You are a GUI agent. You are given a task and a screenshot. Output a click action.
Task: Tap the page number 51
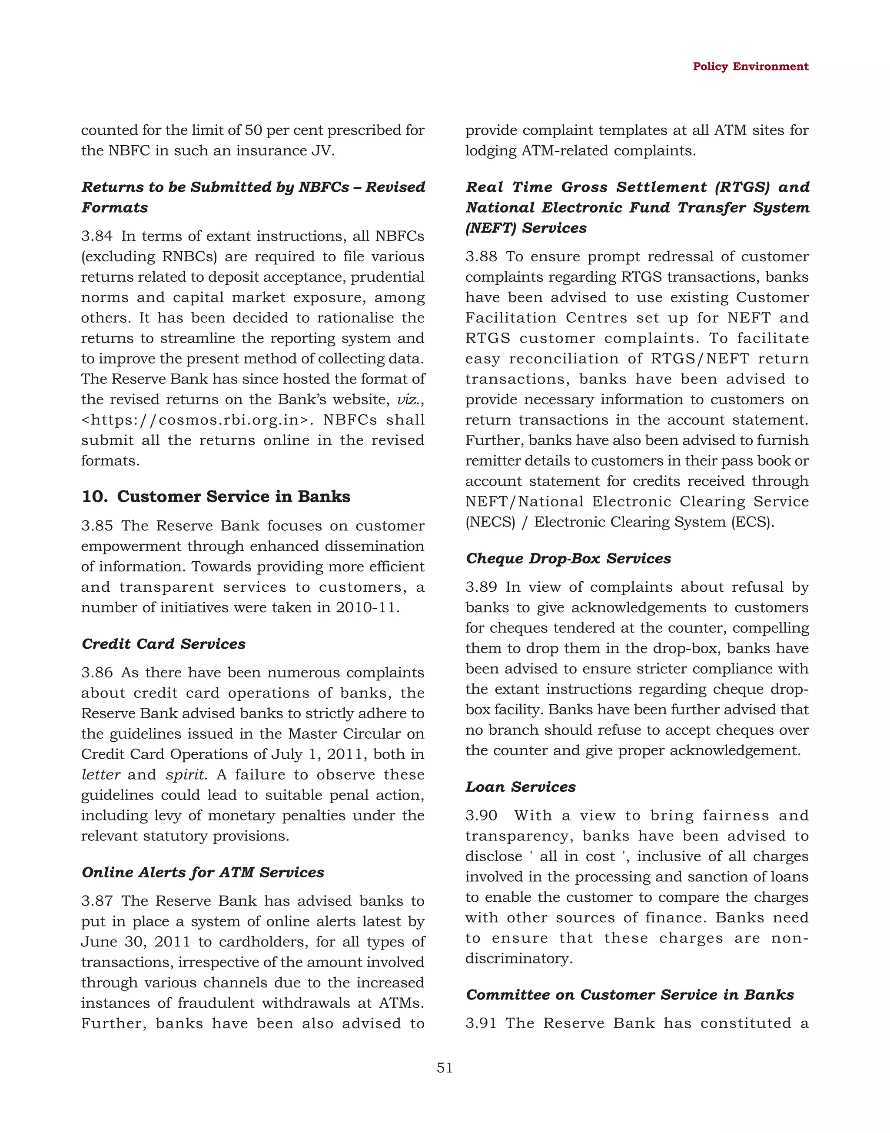click(x=445, y=1068)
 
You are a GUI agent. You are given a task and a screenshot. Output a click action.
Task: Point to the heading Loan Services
click(x=520, y=787)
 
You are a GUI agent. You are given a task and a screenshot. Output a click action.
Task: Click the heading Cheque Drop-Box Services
click(x=568, y=558)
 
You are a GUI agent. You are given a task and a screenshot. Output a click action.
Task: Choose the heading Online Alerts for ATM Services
click(x=203, y=872)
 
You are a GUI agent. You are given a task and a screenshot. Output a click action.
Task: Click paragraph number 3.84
click(x=96, y=236)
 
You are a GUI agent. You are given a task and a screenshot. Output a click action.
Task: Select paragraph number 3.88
click(x=481, y=257)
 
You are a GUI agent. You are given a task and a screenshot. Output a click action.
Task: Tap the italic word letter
click(x=100, y=775)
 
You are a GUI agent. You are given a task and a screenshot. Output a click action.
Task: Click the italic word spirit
click(x=184, y=775)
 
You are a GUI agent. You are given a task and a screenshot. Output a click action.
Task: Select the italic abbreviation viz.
click(x=408, y=400)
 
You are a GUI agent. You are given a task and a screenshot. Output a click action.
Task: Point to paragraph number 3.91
click(x=481, y=1023)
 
